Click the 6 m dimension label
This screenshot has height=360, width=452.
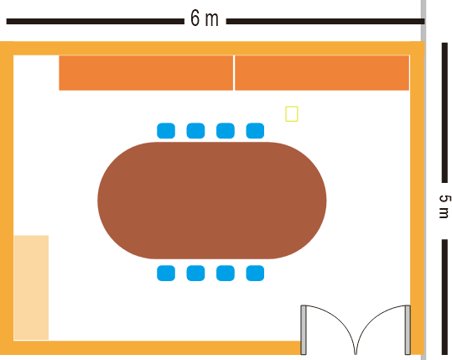204,18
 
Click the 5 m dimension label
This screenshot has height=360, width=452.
444,206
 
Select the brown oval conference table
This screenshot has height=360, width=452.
212,201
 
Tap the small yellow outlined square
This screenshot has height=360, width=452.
292,113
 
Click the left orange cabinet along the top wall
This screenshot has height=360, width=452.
146,73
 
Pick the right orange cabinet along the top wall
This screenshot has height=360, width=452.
322,73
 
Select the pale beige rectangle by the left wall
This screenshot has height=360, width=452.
31,288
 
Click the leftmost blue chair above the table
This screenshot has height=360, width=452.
166,131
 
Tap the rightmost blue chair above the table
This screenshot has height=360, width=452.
255,131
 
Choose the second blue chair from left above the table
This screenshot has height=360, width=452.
195,131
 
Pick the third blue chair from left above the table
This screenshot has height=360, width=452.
226,131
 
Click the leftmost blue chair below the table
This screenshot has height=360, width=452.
166,274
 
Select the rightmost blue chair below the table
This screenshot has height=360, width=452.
255,274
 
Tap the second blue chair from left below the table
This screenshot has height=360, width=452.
195,274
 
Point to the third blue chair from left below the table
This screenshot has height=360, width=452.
226,274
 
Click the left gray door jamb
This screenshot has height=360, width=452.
304,330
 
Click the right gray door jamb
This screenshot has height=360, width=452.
408,330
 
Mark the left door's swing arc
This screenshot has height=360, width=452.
341,320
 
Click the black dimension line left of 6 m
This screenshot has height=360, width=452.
95,21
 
